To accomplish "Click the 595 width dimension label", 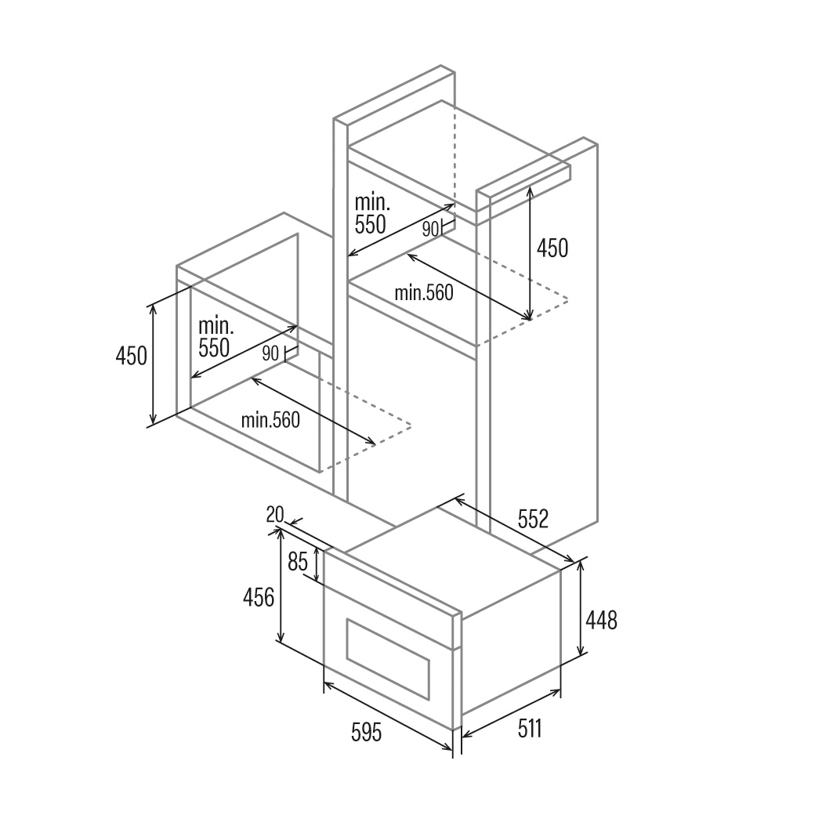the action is click(366, 733).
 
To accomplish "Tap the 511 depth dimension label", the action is click(530, 728).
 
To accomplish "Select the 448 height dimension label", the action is click(601, 620).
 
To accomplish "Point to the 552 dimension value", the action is click(533, 519).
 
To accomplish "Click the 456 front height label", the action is click(259, 597).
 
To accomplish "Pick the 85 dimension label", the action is click(298, 562).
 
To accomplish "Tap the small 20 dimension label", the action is click(275, 515).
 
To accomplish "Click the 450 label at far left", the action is click(131, 356).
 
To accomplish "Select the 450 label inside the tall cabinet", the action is click(552, 248).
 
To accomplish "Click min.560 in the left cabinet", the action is click(270, 420).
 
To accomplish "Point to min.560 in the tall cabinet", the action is click(424, 293).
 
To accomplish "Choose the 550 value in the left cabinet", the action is click(214, 347).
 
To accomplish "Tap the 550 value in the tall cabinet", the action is click(371, 224).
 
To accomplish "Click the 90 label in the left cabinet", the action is click(270, 353).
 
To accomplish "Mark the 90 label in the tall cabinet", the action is click(430, 229).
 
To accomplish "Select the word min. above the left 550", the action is click(215, 325).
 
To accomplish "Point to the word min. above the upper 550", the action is click(372, 202).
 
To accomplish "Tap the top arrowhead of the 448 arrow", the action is click(581, 565).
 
